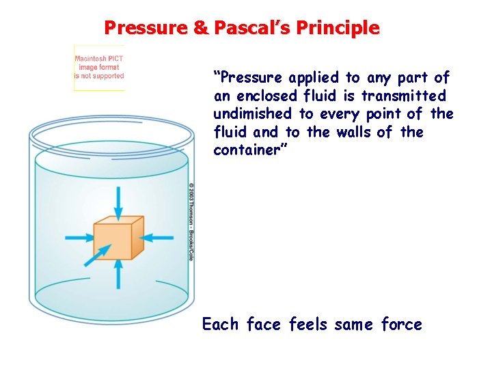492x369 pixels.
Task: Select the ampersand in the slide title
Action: click(201, 28)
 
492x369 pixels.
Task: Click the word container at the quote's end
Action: click(250, 150)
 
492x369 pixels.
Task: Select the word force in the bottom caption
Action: click(401, 324)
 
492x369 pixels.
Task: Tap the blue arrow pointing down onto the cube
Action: click(119, 201)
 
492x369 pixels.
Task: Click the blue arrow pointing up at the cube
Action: click(119, 273)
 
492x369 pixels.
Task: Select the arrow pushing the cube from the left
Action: click(79, 238)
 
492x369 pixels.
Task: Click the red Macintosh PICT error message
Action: click(99, 67)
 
